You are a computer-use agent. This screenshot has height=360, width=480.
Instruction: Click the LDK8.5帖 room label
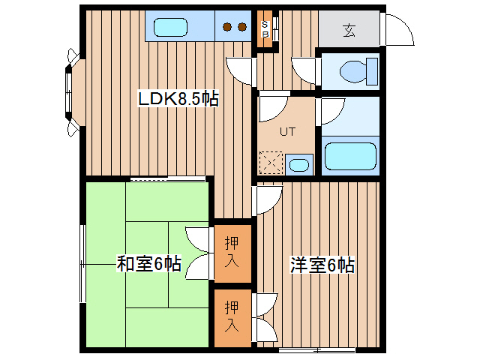click(x=178, y=98)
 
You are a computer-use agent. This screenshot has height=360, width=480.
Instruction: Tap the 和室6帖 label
click(x=149, y=263)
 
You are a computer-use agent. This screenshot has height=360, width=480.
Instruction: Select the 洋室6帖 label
click(x=322, y=265)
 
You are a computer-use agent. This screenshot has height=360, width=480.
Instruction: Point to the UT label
click(x=288, y=132)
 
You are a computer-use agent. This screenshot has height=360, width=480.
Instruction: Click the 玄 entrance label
click(x=349, y=30)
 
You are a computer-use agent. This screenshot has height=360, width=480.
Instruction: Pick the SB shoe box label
click(x=265, y=28)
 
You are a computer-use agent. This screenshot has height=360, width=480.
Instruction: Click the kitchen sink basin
click(x=170, y=27)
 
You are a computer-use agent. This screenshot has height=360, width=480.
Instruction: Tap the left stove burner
click(x=227, y=27)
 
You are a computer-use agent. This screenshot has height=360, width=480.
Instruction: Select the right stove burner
click(x=242, y=27)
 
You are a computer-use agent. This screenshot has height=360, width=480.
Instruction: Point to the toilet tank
click(x=372, y=71)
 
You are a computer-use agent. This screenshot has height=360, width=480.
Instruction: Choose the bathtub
click(x=350, y=156)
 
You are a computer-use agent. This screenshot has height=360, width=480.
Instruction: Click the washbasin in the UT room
click(x=299, y=165)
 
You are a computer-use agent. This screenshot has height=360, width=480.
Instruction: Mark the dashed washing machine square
click(x=271, y=163)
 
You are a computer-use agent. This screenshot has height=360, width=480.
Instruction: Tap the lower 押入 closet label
click(x=232, y=316)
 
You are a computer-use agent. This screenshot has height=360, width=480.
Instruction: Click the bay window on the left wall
click(x=73, y=92)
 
